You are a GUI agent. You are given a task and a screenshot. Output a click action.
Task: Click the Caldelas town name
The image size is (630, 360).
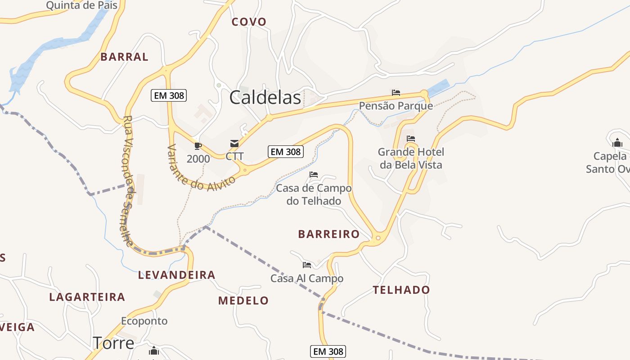pos(265,98)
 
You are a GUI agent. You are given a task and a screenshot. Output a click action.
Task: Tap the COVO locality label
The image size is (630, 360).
pos(249,22)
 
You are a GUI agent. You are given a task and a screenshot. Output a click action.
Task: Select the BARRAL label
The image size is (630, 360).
pos(124,57)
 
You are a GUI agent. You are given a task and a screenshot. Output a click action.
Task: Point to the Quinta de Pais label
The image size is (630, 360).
pos(82,5)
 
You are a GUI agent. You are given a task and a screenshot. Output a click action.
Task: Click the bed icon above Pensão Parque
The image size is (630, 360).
pos(396,93)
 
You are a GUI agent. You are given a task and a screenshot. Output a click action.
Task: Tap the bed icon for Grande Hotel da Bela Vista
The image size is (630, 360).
pos(410,139)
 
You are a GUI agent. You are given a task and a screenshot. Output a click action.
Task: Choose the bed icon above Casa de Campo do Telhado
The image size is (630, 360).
pos(314,175)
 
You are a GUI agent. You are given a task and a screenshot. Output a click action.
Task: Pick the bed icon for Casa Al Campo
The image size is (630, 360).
pos(307,265)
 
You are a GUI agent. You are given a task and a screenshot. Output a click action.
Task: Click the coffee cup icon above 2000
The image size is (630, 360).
pos(198,145)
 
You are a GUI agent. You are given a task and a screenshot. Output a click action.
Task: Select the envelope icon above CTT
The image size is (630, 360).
pos(234,144)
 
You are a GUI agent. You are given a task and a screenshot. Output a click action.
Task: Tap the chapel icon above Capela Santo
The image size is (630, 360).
pos(617,143)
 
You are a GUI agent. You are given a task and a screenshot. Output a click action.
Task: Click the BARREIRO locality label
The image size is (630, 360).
pos(329,234)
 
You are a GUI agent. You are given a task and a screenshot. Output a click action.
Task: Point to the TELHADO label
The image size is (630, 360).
pos(401,290)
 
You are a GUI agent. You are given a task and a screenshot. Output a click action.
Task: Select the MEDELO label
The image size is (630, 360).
pos(243,301)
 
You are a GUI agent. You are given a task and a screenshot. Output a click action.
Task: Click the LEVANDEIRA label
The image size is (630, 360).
pos(177,275)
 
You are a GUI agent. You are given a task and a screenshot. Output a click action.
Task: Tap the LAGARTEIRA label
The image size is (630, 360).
pos(87,297)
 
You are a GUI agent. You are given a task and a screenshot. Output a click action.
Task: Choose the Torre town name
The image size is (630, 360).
pos(113,343)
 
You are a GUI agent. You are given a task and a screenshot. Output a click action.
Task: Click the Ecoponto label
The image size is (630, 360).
pos(144,321)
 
